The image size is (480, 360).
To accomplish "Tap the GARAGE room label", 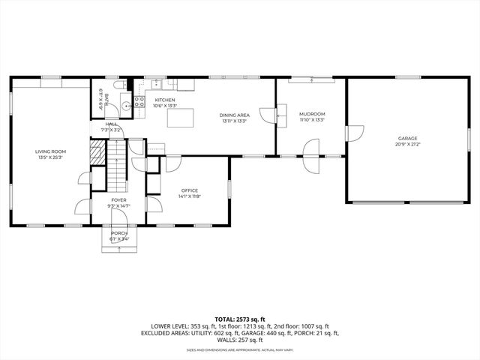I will tap(408, 138).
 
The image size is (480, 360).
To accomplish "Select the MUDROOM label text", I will tap(311, 114).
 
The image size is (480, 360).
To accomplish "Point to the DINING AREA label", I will tap(234, 115).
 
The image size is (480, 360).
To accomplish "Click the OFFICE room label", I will tap(189, 190).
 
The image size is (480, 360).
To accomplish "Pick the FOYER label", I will tap(118, 200).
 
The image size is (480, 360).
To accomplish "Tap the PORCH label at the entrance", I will tap(118, 233).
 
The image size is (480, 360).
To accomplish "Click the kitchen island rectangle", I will tap(180, 118).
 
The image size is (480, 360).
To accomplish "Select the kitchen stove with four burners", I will tap(139, 101).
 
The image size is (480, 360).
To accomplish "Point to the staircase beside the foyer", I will tap(117, 168).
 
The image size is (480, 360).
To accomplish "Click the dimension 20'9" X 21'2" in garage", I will tap(408, 144).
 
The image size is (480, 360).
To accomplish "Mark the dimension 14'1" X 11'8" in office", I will tap(189, 196).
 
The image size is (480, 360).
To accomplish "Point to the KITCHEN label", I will tap(165, 100).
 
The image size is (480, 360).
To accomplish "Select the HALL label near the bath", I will tap(111, 124).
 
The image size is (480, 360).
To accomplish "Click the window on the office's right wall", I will tap(229, 190).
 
